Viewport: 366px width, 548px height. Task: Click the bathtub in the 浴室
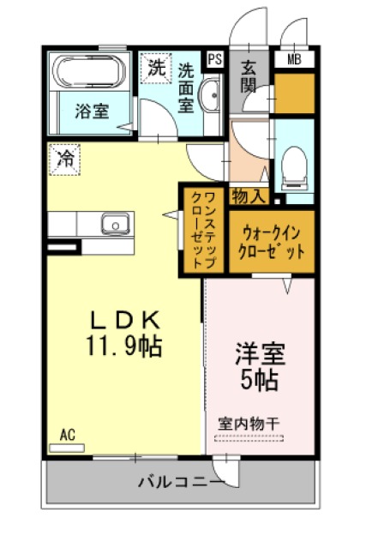pos(88,71)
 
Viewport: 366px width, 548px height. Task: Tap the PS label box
pos(215,59)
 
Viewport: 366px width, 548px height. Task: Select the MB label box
pos(294,59)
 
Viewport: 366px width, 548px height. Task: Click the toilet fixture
pos(294,168)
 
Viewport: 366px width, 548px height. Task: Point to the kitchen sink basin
pos(116,223)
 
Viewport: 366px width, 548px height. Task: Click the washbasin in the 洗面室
pos(209,94)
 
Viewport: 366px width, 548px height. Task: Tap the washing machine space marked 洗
pos(156,68)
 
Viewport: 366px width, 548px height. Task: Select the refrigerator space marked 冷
pos(65,160)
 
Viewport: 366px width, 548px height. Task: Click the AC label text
pos(67,435)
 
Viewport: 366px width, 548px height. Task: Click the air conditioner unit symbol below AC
pos(67,448)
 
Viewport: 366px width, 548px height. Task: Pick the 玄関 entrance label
pos(249,76)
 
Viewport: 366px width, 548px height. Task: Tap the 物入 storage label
pos(249,196)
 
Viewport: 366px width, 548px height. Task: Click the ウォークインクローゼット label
pos(272,242)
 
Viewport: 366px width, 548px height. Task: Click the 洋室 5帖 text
pos(261,366)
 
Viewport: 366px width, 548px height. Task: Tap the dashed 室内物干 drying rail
pos(249,438)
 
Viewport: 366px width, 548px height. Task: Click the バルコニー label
pos(181,482)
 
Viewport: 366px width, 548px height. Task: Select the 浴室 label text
pos(93,111)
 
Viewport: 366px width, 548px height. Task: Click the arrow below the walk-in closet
pos(287,286)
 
